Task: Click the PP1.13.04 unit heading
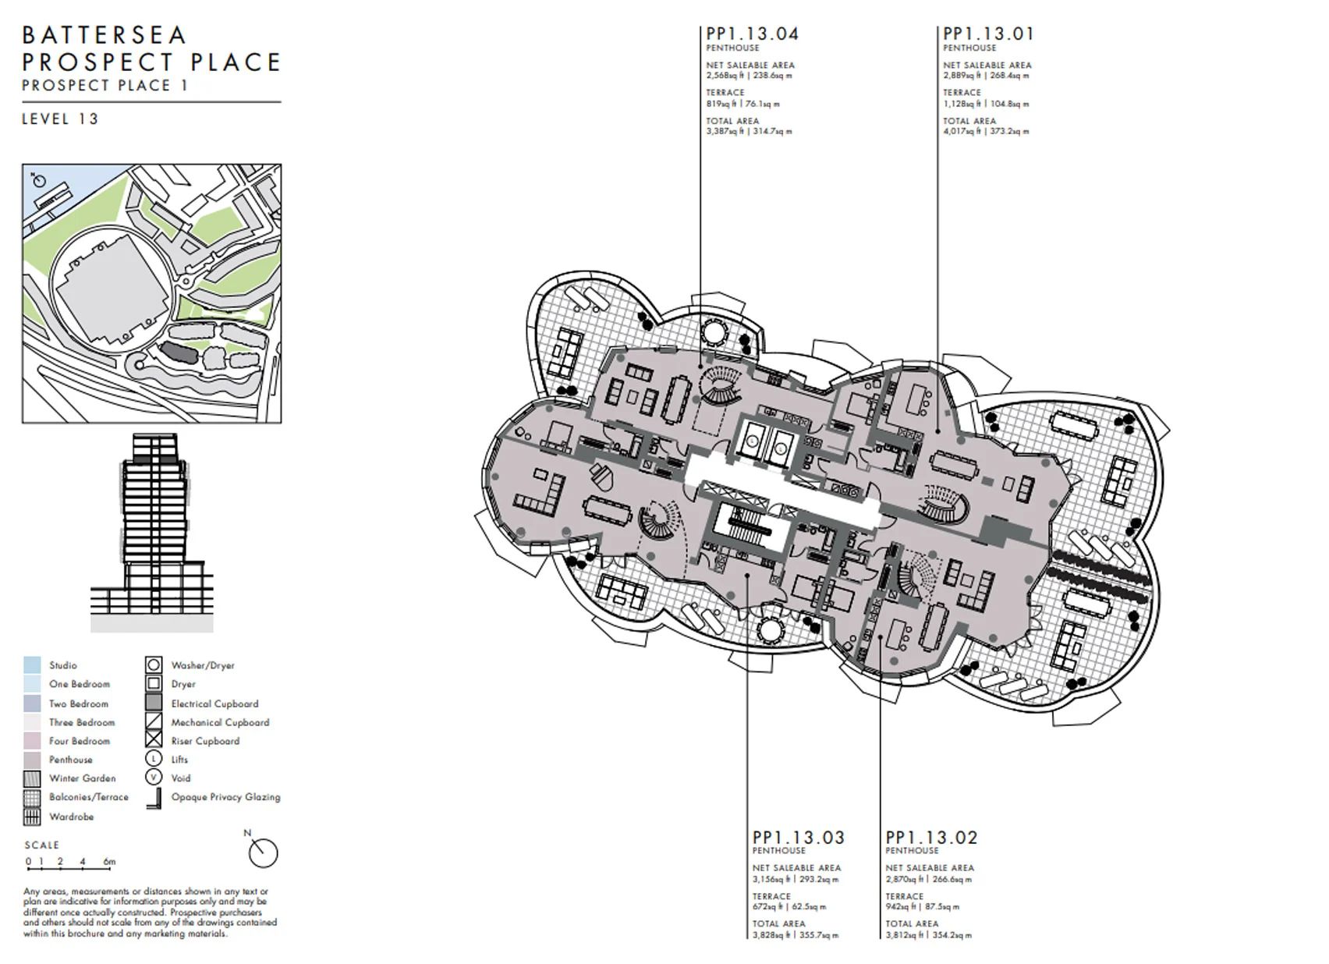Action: [752, 34]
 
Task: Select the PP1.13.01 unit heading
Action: [988, 34]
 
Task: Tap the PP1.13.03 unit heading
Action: [798, 838]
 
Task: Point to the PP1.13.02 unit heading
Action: [931, 838]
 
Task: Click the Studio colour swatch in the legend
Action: [32, 665]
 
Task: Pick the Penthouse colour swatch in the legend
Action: [32, 760]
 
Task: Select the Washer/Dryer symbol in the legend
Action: [154, 665]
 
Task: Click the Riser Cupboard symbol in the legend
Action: [154, 741]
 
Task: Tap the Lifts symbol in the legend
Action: [154, 759]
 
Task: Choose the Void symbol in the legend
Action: [154, 778]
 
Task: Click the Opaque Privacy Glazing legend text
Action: [225, 797]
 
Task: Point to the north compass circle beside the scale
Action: [263, 852]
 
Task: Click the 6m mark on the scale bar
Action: [109, 863]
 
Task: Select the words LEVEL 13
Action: [60, 119]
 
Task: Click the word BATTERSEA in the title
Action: [105, 35]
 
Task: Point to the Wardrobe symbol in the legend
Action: [32, 817]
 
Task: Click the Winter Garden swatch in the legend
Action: [32, 778]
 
